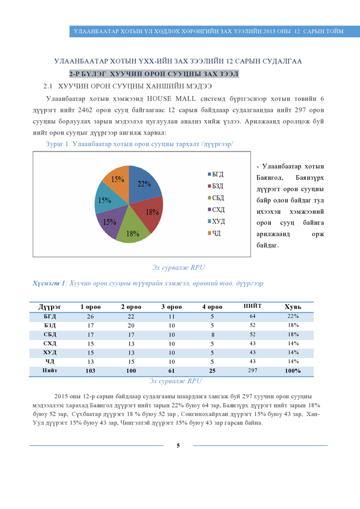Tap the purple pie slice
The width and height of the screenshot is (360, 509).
click(109, 222)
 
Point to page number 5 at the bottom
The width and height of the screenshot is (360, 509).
click(178, 446)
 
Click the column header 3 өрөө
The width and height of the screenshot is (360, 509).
click(171, 306)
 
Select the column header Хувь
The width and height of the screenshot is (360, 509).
click(293, 306)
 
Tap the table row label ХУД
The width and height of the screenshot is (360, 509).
click(50, 352)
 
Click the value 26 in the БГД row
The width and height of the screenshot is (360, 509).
click(91, 316)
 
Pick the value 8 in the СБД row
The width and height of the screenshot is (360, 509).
click(213, 335)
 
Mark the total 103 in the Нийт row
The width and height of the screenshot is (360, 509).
click(91, 371)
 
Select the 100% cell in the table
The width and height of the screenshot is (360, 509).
click(293, 371)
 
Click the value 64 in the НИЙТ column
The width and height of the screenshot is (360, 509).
click(253, 316)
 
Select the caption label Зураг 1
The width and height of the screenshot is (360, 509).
click(57, 143)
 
